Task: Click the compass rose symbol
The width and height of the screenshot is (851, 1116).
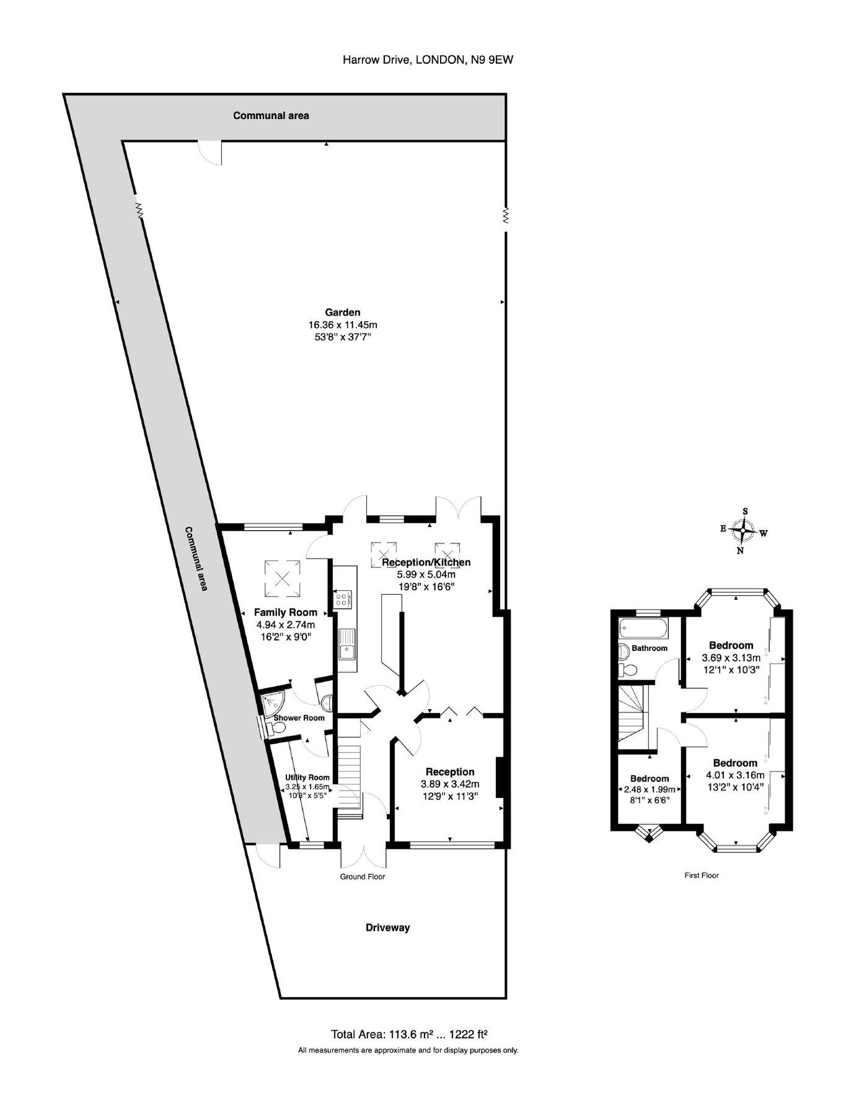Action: coord(742,531)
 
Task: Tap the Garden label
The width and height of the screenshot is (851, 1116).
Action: coord(343,312)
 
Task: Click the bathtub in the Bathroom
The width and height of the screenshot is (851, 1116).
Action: coord(644,629)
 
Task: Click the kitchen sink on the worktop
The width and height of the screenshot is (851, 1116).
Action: coord(347,643)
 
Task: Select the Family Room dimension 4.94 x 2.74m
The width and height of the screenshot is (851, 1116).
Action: coord(286,624)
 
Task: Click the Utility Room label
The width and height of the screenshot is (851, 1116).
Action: coord(307,777)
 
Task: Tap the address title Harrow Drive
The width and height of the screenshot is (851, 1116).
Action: coord(428,60)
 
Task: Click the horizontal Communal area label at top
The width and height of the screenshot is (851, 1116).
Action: coord(271,115)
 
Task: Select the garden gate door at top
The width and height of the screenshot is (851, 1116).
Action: coord(209,152)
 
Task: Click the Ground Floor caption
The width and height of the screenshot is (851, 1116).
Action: coord(363,877)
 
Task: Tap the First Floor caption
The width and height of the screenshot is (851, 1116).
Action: coord(701,875)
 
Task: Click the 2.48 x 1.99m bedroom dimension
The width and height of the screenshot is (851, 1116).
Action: coord(650,789)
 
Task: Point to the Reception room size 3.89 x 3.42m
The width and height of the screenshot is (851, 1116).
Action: coord(449,784)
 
